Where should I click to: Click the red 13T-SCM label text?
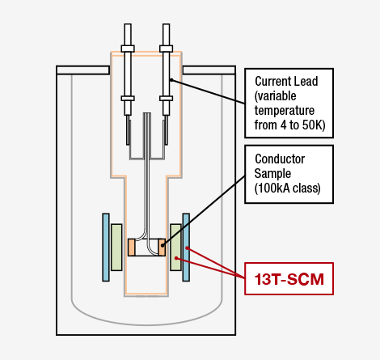289,279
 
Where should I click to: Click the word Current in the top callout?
272,81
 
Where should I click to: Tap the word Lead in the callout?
306,81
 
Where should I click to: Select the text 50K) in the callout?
314,125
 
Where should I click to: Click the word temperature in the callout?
285,111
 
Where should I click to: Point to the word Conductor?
280,159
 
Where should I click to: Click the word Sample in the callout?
272,174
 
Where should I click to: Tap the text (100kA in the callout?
272,188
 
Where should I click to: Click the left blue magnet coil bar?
106,248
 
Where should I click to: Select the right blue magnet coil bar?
186,248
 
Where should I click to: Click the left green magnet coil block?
116,247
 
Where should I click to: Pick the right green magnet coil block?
175,247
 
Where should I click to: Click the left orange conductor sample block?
131,247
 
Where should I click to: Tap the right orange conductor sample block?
162,247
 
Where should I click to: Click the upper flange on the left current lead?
128,49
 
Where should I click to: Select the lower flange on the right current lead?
166,99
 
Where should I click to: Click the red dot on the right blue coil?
187,248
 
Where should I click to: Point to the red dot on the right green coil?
176,258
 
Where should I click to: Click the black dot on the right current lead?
171,80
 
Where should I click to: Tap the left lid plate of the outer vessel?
83,70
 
